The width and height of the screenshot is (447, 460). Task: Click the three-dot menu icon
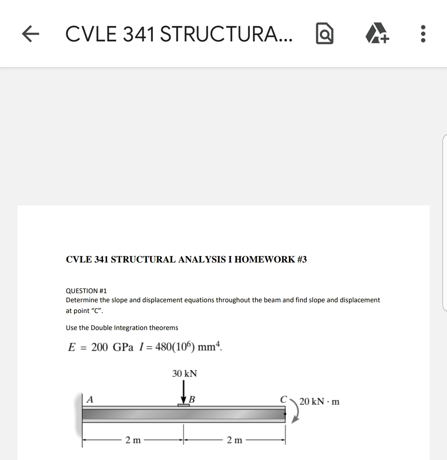[423, 34]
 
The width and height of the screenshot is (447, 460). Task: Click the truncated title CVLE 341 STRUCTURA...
[178, 34]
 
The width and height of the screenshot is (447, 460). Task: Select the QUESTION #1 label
[87, 291]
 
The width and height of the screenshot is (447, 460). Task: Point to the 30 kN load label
[185, 374]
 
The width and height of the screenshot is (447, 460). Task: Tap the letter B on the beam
[192, 400]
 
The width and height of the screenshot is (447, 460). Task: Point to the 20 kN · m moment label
[319, 401]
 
